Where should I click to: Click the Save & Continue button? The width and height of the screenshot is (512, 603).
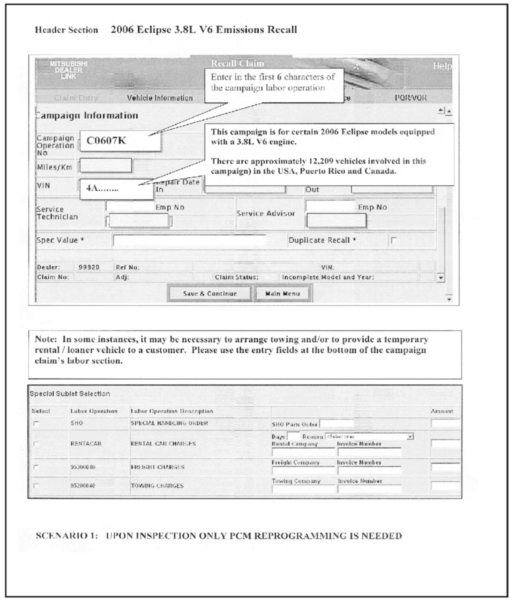point(210,293)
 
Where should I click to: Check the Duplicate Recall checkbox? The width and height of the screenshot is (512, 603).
point(394,240)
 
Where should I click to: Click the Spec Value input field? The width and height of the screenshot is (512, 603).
point(189,240)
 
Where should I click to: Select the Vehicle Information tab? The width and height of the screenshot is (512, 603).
point(160,98)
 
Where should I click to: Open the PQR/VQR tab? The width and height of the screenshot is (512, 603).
point(411,98)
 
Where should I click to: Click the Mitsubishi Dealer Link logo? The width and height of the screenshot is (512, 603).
point(69,70)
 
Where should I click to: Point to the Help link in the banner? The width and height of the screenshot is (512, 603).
point(442,66)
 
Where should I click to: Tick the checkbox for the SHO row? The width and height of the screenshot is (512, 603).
point(36,424)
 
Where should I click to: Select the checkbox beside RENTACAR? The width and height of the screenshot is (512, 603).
point(36,444)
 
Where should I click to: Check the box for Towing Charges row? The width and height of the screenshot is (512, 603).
point(36,486)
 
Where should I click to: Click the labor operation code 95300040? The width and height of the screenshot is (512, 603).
point(83,467)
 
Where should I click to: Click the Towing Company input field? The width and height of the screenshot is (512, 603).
point(303,489)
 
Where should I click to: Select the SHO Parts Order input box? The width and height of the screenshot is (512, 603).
point(337,424)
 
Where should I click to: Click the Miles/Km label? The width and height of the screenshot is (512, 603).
point(55,167)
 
